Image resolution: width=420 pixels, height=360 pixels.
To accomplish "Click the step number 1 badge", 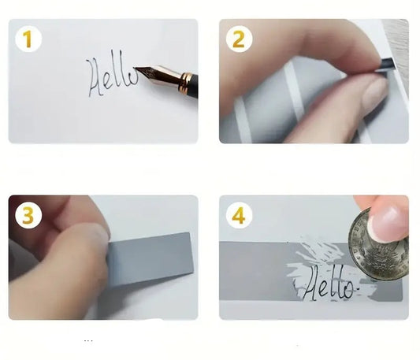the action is pyautogui.click(x=28, y=39).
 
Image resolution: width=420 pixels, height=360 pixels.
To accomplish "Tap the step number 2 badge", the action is pyautogui.click(x=239, y=39).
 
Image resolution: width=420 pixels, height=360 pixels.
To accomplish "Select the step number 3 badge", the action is pyautogui.click(x=28, y=215).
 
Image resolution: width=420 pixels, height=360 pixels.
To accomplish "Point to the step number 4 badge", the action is pyautogui.click(x=239, y=215).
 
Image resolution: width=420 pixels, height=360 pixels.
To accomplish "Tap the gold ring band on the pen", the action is pyautogui.click(x=185, y=82).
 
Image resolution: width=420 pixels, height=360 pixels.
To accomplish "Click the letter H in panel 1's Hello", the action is pyautogui.click(x=96, y=78).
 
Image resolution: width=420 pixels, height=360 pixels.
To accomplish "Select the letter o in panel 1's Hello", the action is pyautogui.click(x=133, y=78).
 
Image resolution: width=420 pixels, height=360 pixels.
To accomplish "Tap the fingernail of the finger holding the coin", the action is pyautogui.click(x=388, y=222).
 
